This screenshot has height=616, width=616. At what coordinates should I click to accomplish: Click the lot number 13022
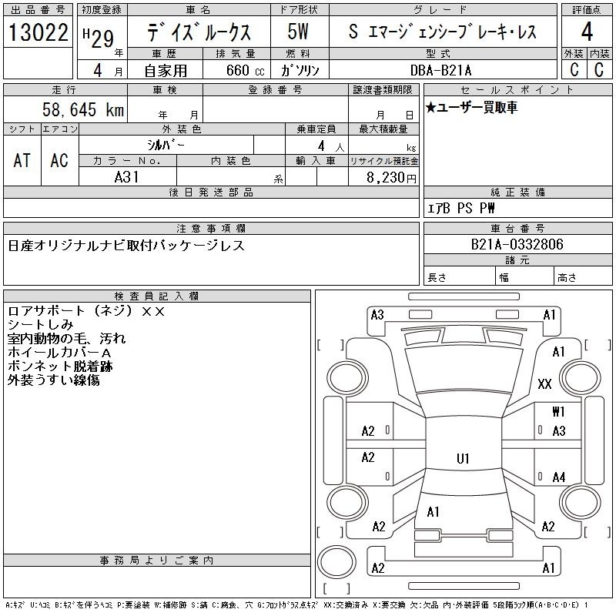[38, 32]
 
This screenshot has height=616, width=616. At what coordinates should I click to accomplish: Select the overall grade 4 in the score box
[587, 32]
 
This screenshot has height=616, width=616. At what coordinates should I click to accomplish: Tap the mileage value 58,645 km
[83, 109]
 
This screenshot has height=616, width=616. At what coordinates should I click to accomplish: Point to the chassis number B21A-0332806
[517, 244]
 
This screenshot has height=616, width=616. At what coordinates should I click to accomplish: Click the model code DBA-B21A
[440, 70]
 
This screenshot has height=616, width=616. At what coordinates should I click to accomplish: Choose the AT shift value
[22, 160]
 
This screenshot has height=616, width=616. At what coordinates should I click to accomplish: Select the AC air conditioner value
[59, 160]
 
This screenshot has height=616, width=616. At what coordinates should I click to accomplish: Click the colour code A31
[126, 177]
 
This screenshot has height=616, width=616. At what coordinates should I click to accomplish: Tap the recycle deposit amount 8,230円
[391, 178]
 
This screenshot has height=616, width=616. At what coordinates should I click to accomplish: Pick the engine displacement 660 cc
[245, 70]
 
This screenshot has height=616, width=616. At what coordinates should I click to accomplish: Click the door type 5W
[298, 32]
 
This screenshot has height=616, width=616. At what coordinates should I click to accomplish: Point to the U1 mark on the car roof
[463, 458]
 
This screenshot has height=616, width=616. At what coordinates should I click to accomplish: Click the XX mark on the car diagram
[544, 383]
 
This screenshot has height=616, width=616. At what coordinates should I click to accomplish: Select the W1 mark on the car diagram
[558, 411]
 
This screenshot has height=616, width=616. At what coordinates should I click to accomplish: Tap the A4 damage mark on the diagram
[559, 477]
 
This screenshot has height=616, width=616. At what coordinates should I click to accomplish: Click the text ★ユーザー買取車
[471, 108]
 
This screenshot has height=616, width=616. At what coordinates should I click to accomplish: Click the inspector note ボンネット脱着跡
[60, 367]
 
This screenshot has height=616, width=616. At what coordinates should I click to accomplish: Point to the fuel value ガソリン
[300, 70]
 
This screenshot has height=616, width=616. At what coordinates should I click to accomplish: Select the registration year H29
[99, 38]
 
